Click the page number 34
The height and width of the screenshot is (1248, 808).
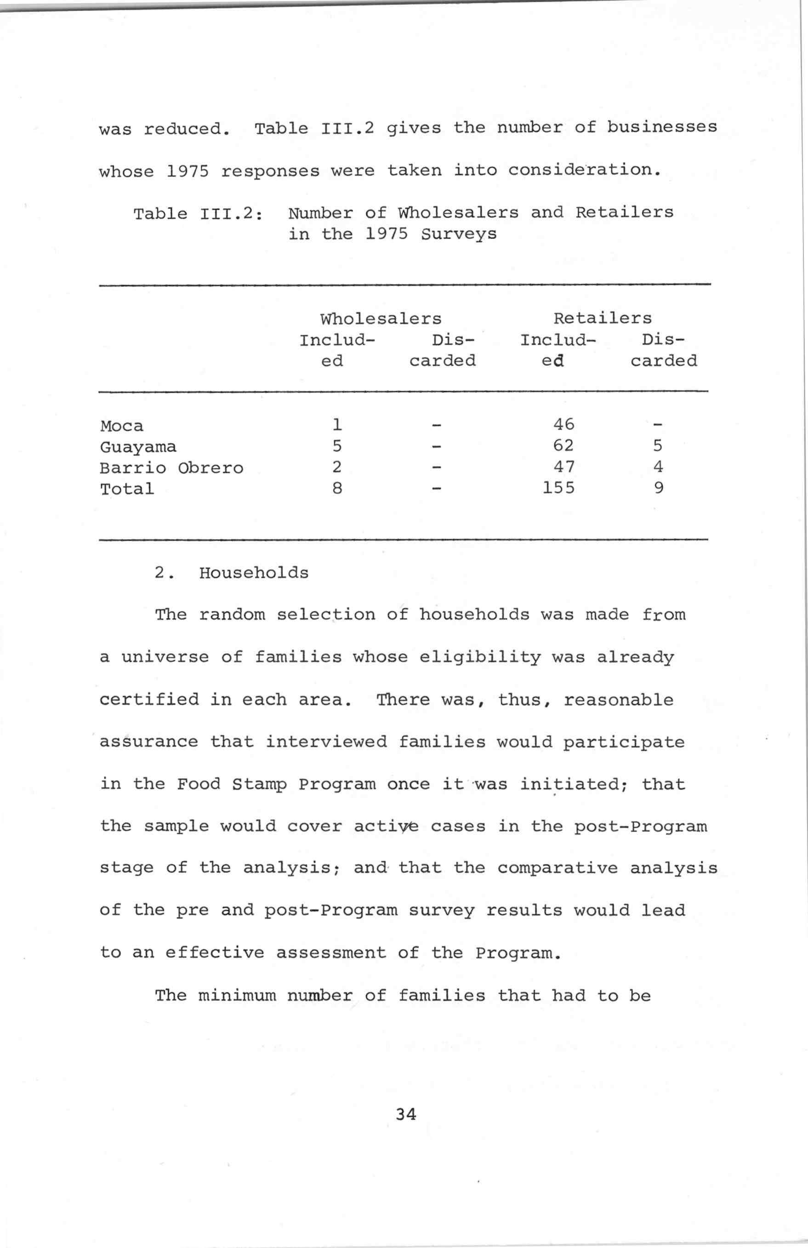pos(406,1114)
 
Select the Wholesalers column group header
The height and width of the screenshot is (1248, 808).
pos(381,318)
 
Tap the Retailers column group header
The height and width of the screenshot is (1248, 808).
pos(603,318)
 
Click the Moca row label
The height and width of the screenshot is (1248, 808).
pos(122,426)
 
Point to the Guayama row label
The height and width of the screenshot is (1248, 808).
pos(138,447)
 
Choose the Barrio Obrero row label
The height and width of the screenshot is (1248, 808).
pos(171,468)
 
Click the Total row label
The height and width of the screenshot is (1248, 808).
pos(127,489)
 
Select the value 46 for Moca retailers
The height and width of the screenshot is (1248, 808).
pos(563,424)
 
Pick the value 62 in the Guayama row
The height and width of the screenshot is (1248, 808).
pos(563,445)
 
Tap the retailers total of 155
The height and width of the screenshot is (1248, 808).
pos(558,488)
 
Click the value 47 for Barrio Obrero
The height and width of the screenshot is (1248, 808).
pos(563,466)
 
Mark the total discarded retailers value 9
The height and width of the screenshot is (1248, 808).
pos(659,488)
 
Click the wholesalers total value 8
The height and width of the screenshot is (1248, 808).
pos(337,488)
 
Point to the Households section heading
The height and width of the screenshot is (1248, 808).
pos(254,573)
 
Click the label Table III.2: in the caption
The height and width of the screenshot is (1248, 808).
pos(198,214)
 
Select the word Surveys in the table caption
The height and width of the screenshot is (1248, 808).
pos(458,234)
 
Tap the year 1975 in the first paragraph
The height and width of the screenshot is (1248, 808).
pos(187,171)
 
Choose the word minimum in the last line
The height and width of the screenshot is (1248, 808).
pos(237,995)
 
